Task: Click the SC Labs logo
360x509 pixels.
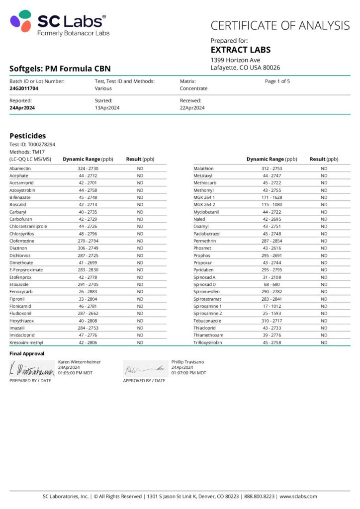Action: coord(59,24)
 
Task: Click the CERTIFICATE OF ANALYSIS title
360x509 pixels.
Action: coord(280,26)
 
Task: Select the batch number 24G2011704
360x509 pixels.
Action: coord(24,88)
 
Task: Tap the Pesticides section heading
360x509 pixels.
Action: coord(28,136)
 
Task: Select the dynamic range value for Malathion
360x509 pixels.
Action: coord(271,169)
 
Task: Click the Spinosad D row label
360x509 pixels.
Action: coord(204,284)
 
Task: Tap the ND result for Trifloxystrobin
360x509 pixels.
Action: coord(324,342)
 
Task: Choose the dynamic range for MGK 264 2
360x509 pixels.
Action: coord(271,205)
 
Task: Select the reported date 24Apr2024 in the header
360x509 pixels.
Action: coord(22,108)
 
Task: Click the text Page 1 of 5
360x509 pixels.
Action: coord(277,81)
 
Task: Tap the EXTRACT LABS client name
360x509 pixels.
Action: coord(241,50)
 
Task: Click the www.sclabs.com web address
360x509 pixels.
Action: coord(298,497)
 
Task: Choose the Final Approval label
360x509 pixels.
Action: coord(27,353)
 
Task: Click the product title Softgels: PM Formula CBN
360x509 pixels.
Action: coord(60,69)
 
